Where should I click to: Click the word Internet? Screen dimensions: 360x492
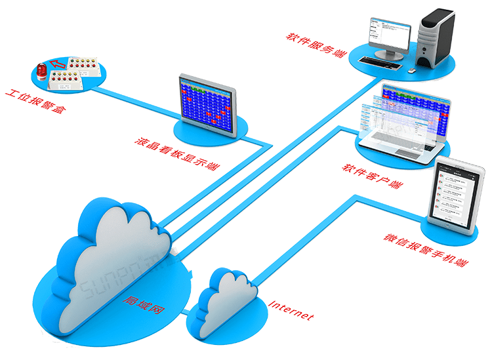(291, 310)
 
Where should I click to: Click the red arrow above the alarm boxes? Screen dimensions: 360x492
(60, 64)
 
